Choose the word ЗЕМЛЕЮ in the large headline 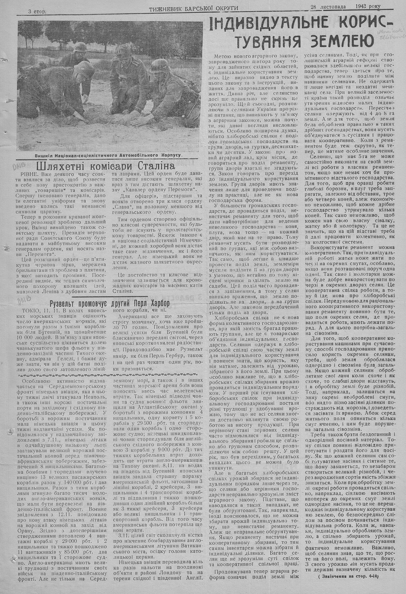[342, 41]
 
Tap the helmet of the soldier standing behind [121, 50]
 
